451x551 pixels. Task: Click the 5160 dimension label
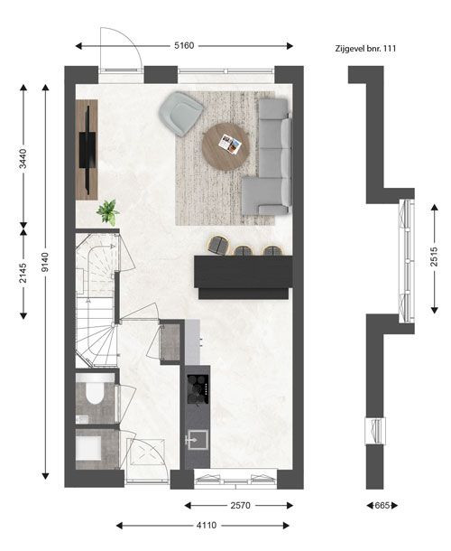pos(184,46)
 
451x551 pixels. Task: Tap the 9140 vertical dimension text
pos(45,262)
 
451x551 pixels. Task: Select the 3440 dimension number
pos(23,159)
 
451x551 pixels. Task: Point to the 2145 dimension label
pos(23,273)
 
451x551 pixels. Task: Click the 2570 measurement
pos(241,505)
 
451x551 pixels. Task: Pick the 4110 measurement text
pos(207,526)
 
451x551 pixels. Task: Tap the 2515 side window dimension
pos(434,257)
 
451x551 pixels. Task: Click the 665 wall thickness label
pos(382,505)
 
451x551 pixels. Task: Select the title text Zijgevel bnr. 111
pos(365,49)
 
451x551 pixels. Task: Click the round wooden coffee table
pos(225,146)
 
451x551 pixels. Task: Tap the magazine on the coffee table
pos(230,145)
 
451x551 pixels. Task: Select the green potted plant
pos(108,212)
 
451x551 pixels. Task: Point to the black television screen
pos(87,151)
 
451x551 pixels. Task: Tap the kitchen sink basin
pos(198,440)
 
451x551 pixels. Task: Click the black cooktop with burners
pos(198,389)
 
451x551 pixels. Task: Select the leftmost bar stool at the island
pos(218,245)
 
